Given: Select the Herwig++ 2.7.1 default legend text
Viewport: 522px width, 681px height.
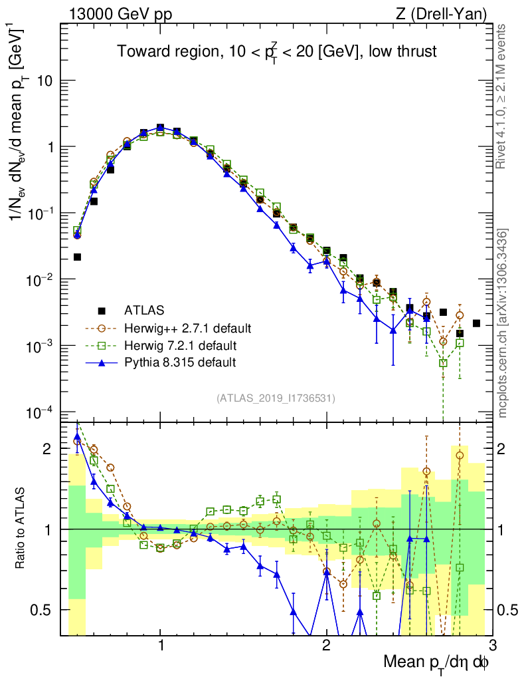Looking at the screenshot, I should click(x=187, y=328).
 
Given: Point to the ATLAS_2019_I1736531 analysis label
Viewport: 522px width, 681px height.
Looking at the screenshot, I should click(x=276, y=398).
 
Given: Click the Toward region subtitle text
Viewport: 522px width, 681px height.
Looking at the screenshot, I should click(x=276, y=52).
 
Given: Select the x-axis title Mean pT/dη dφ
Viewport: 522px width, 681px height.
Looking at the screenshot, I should click(x=436, y=663).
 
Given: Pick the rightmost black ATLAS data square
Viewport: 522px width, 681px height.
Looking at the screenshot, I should click(x=476, y=323).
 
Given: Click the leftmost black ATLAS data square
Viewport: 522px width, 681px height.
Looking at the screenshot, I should click(x=77, y=257).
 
